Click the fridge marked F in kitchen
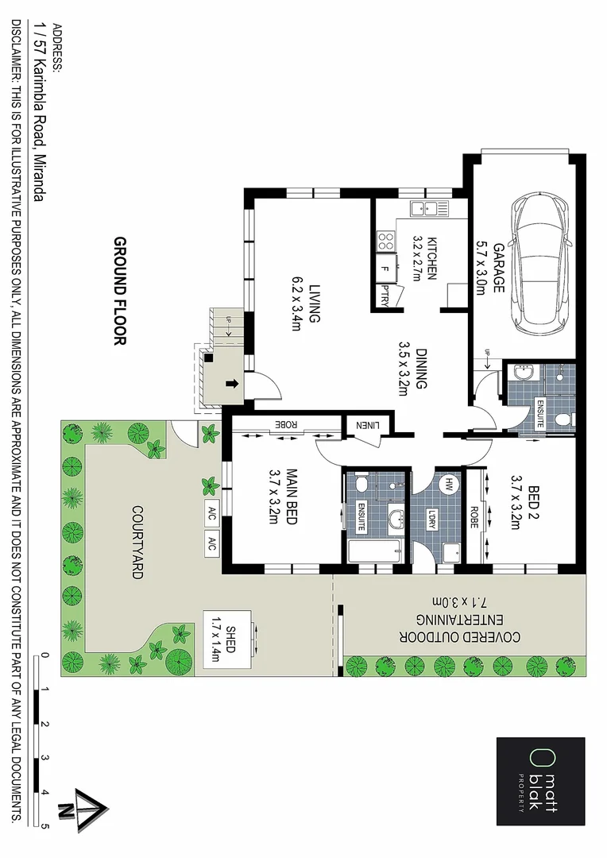click(x=385, y=267)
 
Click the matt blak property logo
click(x=540, y=782)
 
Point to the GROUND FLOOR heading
click(x=120, y=292)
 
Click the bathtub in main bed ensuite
click(x=376, y=551)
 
